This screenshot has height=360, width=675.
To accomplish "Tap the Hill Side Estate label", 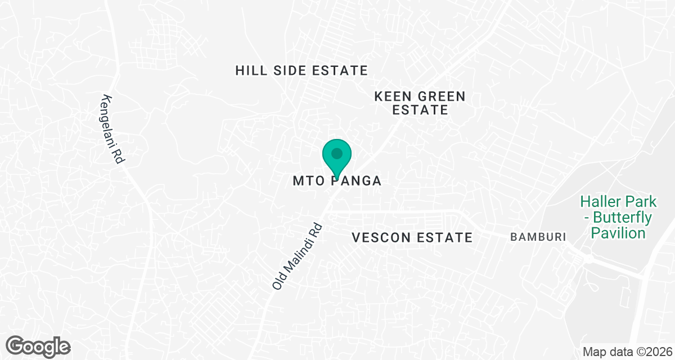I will coord(301,70).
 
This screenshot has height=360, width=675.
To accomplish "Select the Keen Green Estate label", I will coord(420,103).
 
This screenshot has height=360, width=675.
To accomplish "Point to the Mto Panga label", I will coord(337,181).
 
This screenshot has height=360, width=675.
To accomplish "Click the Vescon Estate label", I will coord(412,237).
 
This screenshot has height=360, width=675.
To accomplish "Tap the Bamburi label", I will coord(537,237).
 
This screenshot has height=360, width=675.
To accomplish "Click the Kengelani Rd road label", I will coord(111,129).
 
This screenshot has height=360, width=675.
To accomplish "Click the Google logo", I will coord(38,345).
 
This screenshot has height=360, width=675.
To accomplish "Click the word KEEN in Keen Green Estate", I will coord(391,96).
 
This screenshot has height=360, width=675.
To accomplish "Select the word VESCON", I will coord(381,237).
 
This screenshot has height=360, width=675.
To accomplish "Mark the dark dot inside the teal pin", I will coord(337,152).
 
